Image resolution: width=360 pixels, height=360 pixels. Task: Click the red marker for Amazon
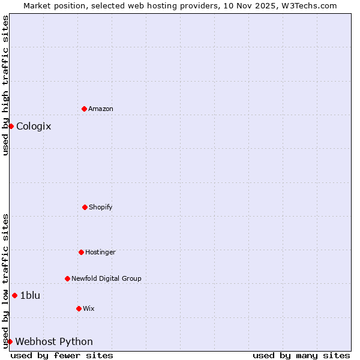(x=84, y=109)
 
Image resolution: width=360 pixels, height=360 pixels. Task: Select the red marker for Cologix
(x=11, y=126)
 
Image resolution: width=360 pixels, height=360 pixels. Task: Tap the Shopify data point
(x=85, y=207)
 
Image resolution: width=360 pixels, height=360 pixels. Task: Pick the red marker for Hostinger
(x=81, y=252)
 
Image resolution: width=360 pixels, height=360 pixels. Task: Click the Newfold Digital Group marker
(x=67, y=278)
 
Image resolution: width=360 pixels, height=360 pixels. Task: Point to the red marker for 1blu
(x=14, y=295)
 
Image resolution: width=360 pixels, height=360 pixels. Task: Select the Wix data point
(x=79, y=308)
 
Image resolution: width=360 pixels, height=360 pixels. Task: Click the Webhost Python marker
(x=10, y=341)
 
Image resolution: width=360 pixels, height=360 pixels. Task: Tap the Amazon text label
(x=101, y=109)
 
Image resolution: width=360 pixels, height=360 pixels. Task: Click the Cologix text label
(x=34, y=126)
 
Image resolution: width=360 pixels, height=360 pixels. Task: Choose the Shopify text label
(x=101, y=207)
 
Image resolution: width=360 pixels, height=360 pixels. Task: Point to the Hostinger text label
(x=100, y=252)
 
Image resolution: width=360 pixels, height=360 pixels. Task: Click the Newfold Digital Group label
(x=106, y=278)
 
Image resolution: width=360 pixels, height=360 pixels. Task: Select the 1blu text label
(x=30, y=295)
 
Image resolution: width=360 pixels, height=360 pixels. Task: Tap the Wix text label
(x=89, y=308)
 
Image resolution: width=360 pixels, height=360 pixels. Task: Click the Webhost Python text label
(x=54, y=341)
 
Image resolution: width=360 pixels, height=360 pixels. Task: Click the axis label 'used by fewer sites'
(x=62, y=355)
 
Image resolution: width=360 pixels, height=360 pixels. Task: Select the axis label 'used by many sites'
(x=301, y=355)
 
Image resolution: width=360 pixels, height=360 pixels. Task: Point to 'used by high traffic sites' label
(x=5, y=85)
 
